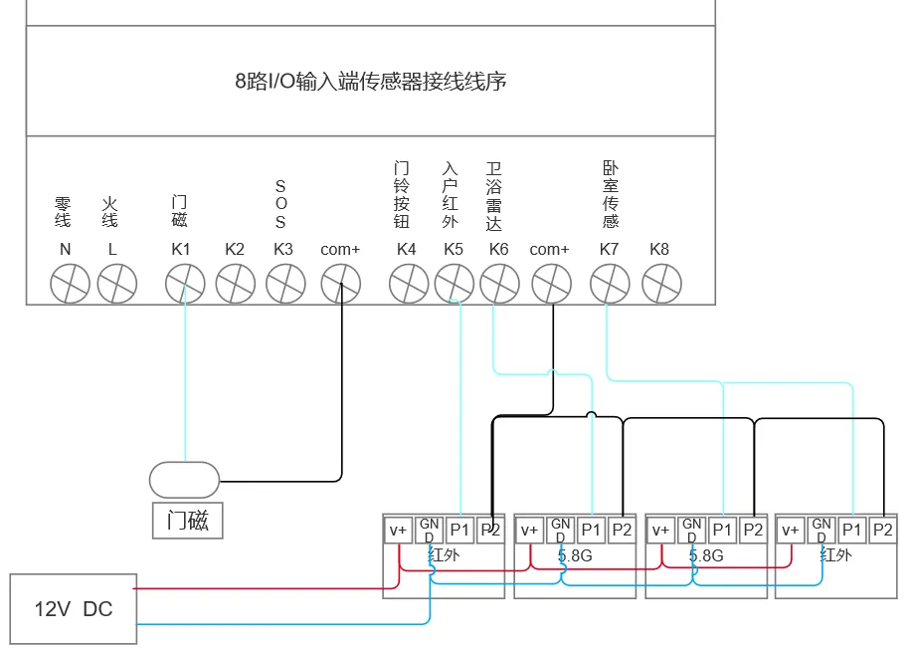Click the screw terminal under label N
[x=70, y=284]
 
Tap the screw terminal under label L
[x=117, y=284]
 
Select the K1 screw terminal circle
[x=185, y=284]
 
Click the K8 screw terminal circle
[x=661, y=284]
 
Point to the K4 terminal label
[x=406, y=250]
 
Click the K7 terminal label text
[x=609, y=250]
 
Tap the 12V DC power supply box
[x=74, y=609]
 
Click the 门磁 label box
[x=188, y=520]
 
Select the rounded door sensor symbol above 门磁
[x=185, y=481]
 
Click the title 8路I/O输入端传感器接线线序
[x=370, y=81]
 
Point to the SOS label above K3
[x=280, y=204]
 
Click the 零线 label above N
[x=63, y=212]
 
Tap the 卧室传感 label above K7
[x=611, y=195]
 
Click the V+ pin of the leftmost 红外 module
[x=398, y=531]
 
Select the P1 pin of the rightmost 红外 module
[x=852, y=530]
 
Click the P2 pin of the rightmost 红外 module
[x=883, y=530]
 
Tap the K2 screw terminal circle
[x=236, y=284]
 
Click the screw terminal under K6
[x=499, y=284]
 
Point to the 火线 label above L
[x=110, y=212]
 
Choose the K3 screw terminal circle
[x=285, y=284]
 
